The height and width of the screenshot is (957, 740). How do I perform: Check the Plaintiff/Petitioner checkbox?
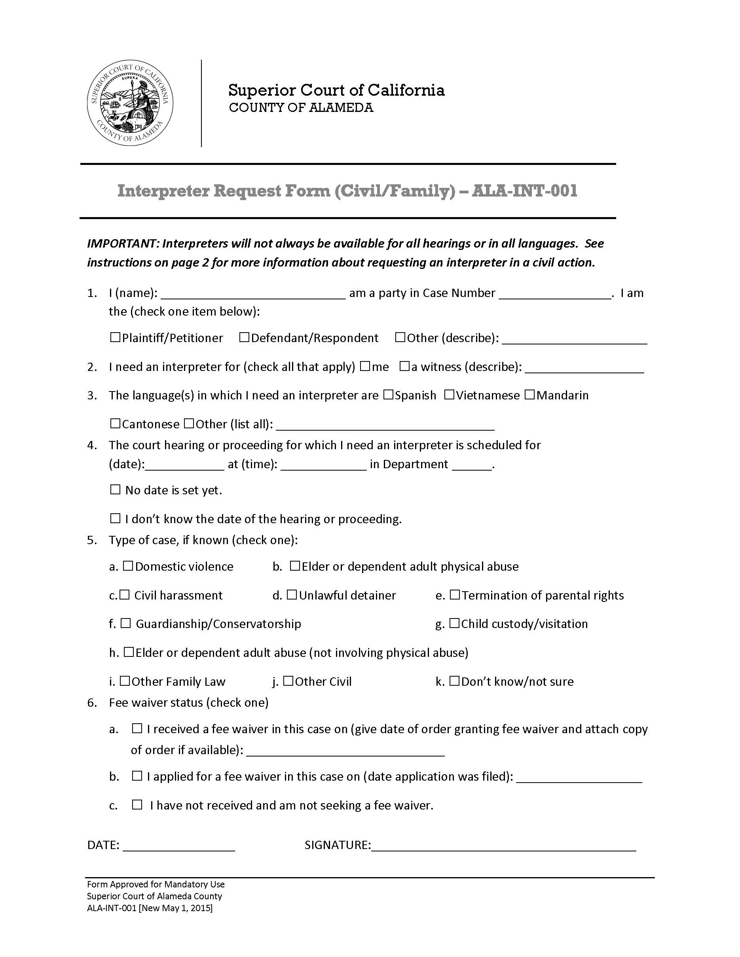[115, 337]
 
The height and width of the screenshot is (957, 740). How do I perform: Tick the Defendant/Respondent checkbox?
[244, 337]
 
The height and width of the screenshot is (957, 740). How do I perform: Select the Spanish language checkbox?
[388, 395]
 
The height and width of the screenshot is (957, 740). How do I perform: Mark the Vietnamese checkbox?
[449, 395]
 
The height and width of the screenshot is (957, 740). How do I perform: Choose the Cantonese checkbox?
[115, 424]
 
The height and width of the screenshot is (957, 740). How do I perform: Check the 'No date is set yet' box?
[115, 490]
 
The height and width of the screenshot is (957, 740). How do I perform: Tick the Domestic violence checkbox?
[128, 566]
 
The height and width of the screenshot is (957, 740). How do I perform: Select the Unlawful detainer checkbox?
[292, 595]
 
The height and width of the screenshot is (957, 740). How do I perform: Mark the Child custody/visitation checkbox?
[454, 623]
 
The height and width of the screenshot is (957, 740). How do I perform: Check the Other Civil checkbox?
[288, 681]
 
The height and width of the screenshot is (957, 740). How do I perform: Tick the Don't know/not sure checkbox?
[454, 681]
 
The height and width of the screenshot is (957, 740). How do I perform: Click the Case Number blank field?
[554, 293]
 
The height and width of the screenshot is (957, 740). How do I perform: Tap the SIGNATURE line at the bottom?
[503, 845]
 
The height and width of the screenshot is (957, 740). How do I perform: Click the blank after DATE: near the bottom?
[179, 845]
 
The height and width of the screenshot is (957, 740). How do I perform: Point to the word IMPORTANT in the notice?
[122, 244]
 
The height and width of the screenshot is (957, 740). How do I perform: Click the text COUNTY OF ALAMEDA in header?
[301, 108]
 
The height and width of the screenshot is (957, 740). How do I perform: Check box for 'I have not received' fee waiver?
[137, 804]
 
